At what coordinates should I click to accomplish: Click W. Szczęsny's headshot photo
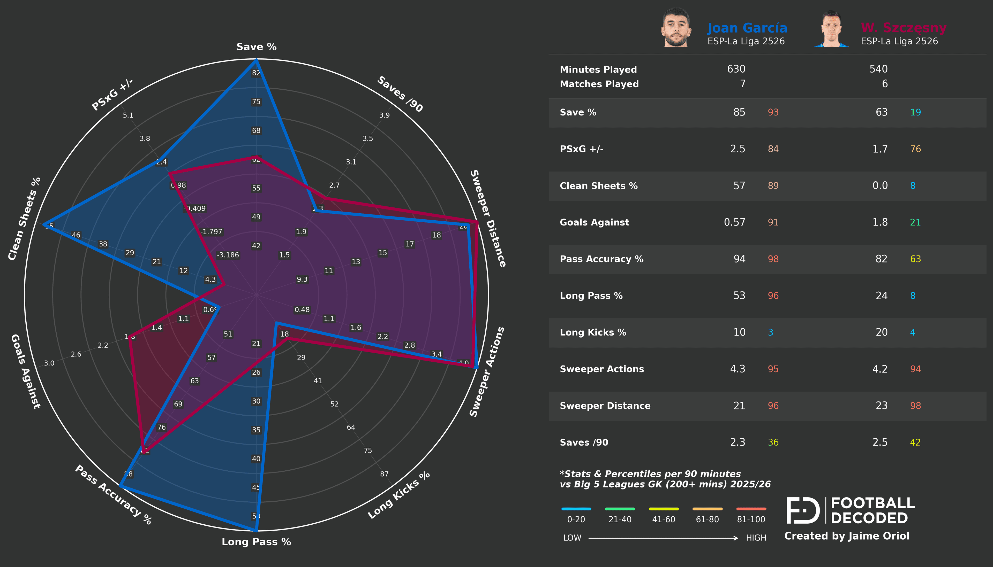(x=831, y=29)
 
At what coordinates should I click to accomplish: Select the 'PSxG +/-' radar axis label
(x=112, y=94)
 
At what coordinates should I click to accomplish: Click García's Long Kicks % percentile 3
(x=770, y=332)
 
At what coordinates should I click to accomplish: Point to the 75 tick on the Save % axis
(x=256, y=102)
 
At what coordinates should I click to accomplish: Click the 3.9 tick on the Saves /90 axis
(x=384, y=115)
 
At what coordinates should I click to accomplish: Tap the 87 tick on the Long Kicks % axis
(x=384, y=474)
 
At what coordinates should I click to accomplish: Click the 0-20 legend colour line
(x=576, y=509)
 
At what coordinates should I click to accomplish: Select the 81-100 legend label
(x=751, y=519)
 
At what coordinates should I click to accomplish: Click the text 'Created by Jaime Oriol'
(x=846, y=536)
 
